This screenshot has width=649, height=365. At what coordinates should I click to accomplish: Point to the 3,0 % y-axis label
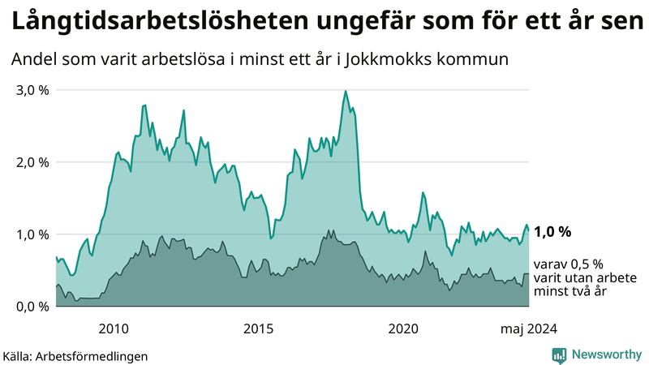33,90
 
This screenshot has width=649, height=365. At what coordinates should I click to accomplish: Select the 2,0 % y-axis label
33,162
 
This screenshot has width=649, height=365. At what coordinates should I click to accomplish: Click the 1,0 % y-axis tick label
33,234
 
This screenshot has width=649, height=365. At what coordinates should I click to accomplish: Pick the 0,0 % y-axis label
33,307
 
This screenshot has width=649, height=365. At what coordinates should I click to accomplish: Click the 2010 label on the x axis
114,328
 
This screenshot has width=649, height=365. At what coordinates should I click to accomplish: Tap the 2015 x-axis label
259,328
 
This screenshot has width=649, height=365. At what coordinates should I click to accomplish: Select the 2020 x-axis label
403,328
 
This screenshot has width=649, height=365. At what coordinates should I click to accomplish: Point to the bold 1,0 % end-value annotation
552,232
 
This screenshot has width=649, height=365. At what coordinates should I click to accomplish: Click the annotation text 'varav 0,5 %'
569,264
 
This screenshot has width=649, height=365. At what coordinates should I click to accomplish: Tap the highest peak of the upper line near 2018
346,91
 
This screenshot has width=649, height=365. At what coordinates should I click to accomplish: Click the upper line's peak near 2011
144,105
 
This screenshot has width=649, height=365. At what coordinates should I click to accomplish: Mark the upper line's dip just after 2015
271,238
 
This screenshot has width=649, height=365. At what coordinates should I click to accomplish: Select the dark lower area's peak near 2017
329,230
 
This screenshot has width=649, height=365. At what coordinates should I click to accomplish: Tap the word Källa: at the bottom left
17,355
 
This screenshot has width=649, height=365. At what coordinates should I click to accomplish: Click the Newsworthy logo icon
559,354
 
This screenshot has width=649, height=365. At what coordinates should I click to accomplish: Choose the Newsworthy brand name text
608,354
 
